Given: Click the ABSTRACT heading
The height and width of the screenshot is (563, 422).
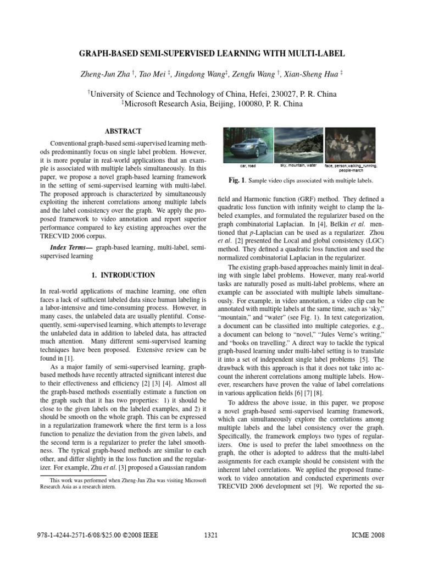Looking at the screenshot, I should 123,131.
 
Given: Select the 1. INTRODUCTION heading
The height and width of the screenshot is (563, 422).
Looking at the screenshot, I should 123,275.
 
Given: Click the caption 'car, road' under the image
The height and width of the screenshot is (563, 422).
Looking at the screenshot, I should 248,165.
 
